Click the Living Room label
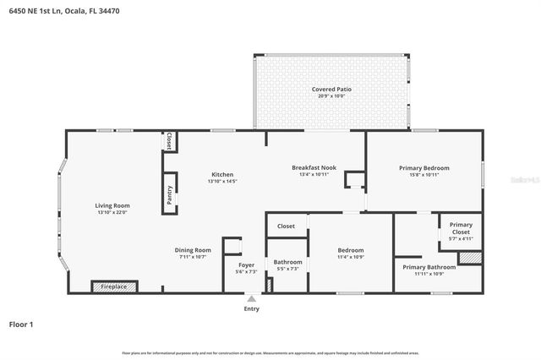coord(112,205)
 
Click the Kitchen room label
coord(222,175)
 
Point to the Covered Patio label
coord(331,89)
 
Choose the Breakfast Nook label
coord(314,167)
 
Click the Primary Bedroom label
coord(424,167)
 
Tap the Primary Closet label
coord(461,228)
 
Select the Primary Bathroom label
coord(424,267)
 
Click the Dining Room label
coord(193,250)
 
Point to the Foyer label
coord(246,265)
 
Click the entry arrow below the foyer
coord(250,298)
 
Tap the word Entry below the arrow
coord(251,308)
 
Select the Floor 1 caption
coord(21,324)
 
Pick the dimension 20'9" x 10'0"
coord(331,95)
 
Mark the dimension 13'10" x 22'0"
coord(112,212)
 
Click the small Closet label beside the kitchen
coord(170,141)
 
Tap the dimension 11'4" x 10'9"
coord(351,257)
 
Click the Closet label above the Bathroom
coord(286,226)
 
